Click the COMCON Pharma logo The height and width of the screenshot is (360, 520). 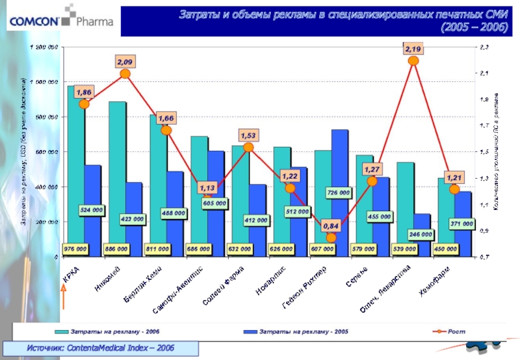[60, 21]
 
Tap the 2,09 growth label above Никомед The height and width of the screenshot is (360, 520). [125, 61]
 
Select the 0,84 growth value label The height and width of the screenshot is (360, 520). [331, 225]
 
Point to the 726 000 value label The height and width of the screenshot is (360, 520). [339, 193]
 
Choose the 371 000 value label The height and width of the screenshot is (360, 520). [461, 223]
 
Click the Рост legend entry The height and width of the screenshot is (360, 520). [448, 331]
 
